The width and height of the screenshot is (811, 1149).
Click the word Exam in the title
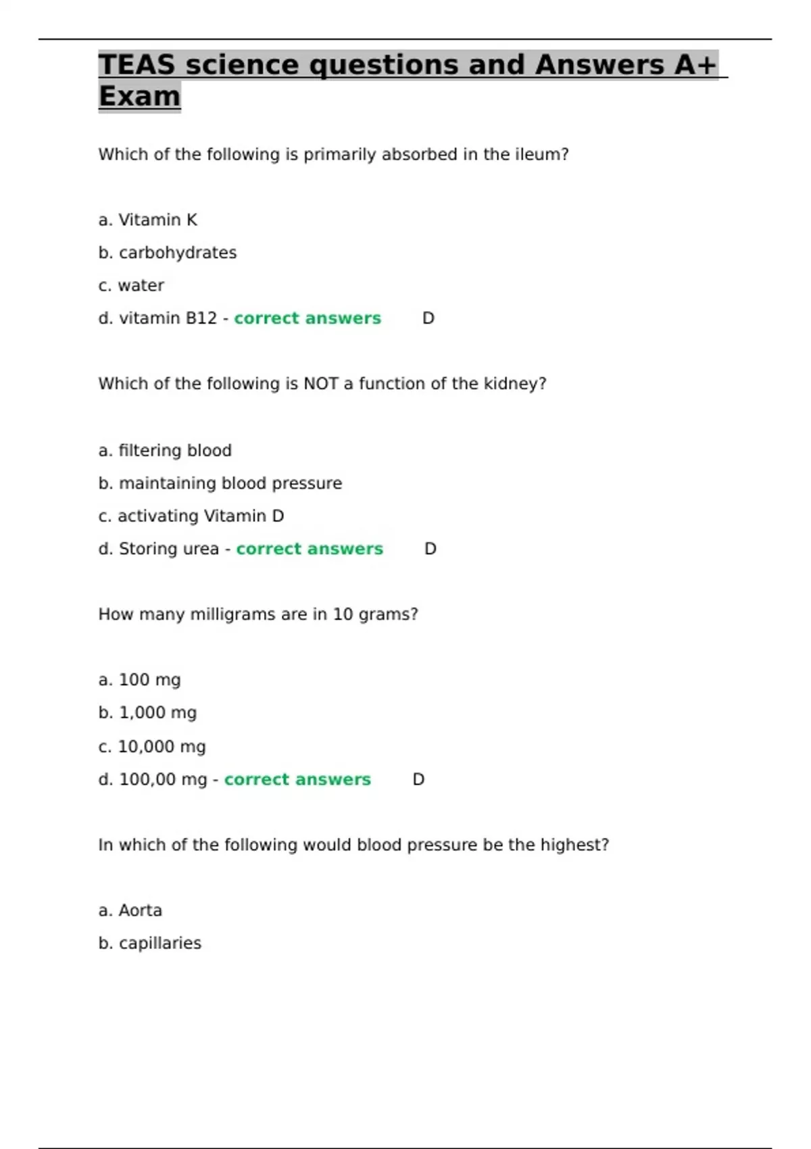139,96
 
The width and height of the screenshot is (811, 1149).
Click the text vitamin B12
168,318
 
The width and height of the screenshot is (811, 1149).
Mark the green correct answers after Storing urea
310,549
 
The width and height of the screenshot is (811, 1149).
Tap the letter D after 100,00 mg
418,779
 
